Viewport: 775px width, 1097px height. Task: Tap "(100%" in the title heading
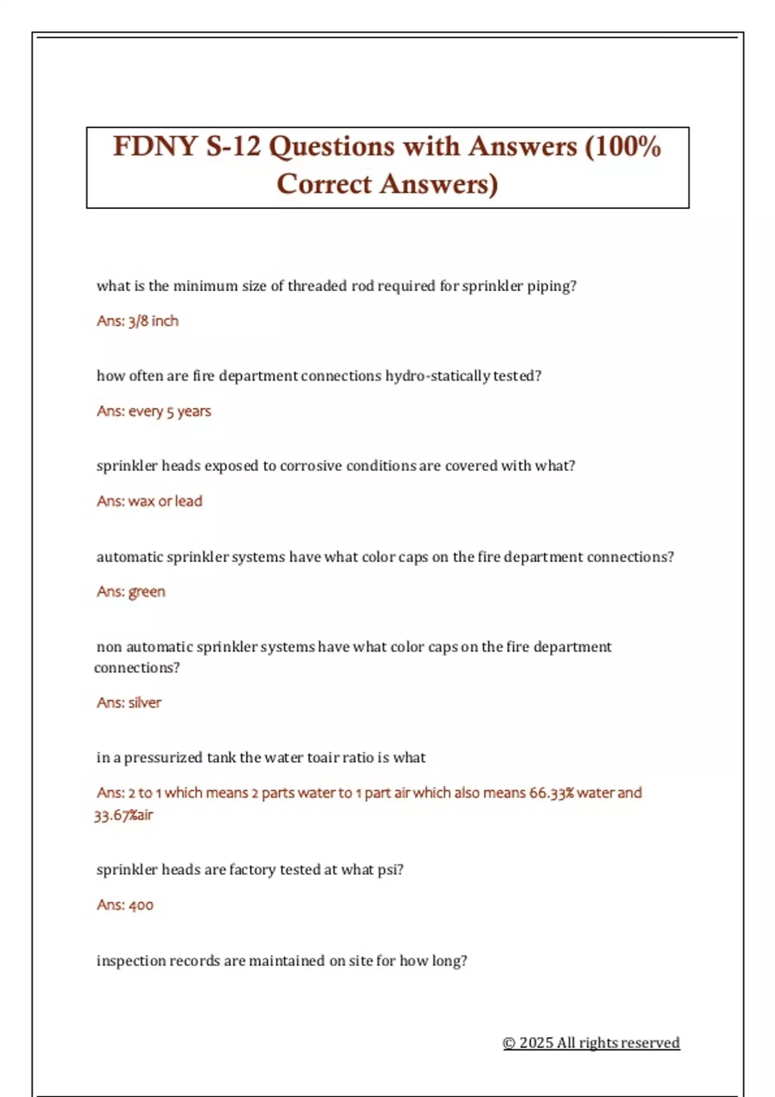click(623, 146)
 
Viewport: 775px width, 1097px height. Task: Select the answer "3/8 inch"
click(154, 321)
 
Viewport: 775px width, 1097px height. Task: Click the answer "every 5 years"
click(170, 411)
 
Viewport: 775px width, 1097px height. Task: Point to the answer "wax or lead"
click(165, 501)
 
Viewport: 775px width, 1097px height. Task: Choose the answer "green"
click(147, 592)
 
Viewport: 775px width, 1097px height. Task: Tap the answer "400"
click(141, 905)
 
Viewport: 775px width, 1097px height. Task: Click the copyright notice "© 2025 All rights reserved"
click(591, 1043)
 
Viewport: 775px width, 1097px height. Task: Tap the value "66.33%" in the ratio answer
click(552, 792)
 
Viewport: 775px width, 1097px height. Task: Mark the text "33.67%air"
click(123, 815)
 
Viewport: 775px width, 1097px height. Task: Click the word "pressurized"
click(163, 758)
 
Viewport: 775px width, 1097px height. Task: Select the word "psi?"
click(390, 870)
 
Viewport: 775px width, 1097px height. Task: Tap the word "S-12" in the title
click(232, 146)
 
